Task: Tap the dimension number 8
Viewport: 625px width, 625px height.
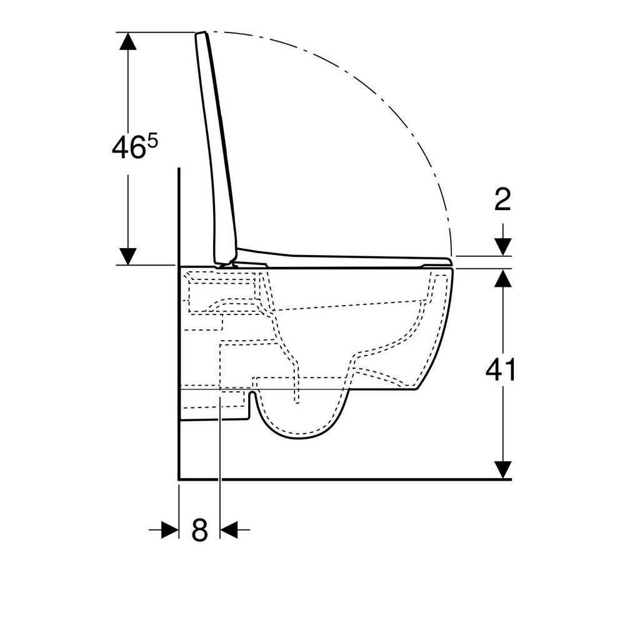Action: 200,530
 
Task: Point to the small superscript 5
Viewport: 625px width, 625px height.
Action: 153,141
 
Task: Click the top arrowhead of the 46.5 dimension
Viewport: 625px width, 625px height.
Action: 128,41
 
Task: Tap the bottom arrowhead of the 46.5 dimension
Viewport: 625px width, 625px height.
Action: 128,256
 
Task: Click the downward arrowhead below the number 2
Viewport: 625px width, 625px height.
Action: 503,247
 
